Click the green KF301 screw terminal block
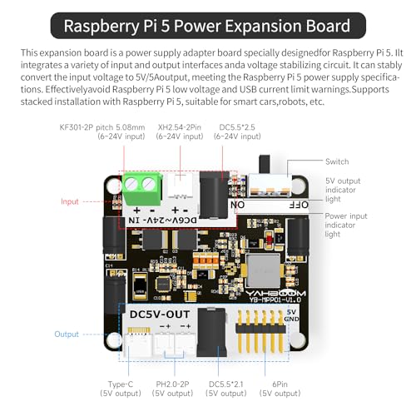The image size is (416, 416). tap(142, 188)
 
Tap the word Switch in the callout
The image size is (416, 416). tap(337, 161)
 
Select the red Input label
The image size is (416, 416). tap(70, 201)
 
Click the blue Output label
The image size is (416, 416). tap(67, 334)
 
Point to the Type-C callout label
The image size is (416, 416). tap(121, 389)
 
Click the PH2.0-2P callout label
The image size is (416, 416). tap(172, 389)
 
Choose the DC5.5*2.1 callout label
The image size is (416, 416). tap(226, 389)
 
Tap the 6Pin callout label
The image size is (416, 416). tap(280, 389)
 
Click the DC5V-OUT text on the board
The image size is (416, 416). tap(160, 314)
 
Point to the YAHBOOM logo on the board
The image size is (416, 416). tap(275, 294)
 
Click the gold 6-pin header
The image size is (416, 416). tap(260, 331)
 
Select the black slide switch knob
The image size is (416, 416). tap(265, 164)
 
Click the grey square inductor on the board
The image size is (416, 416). tap(263, 270)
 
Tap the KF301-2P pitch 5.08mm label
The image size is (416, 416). tap(102, 131)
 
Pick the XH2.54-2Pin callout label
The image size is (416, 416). tap(180, 131)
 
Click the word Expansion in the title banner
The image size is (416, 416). tap(263, 26)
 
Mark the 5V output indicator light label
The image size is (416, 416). tap(343, 190)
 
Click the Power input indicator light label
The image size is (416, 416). tap(346, 225)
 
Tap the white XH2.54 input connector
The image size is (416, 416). tap(181, 186)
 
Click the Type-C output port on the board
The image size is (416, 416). tap(139, 343)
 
